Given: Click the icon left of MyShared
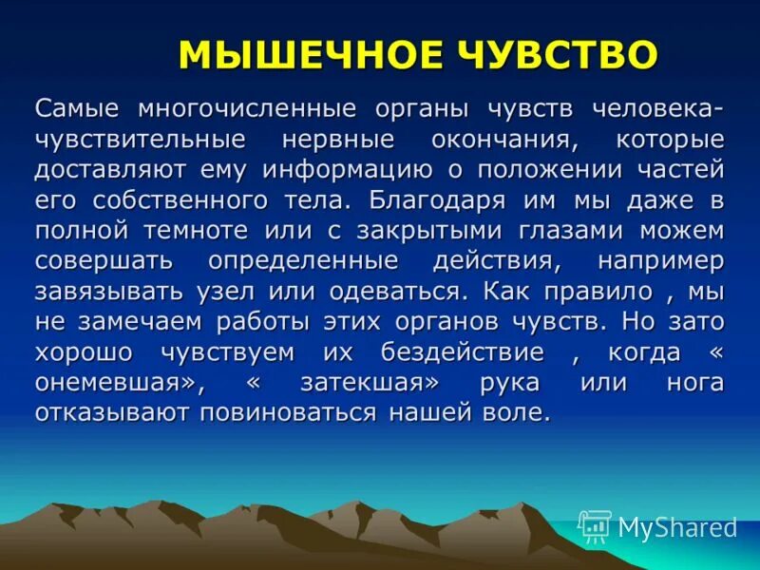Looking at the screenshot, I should [x=595, y=525].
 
